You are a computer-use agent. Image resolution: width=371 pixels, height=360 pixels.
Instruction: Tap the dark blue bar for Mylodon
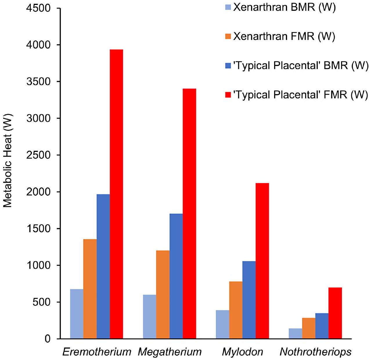[x=249, y=300]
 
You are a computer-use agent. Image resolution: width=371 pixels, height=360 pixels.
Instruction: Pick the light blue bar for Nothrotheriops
[x=295, y=334]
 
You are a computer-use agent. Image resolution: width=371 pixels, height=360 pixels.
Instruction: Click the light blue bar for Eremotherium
[x=77, y=314]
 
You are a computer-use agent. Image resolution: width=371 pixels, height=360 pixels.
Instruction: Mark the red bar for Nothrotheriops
[x=335, y=313]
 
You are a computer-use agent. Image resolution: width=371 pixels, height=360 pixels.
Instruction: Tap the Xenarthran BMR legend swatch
[x=228, y=7]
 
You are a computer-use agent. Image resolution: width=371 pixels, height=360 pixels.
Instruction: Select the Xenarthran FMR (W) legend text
[x=284, y=36]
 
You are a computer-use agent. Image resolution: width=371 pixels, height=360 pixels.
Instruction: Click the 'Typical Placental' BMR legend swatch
[x=228, y=65]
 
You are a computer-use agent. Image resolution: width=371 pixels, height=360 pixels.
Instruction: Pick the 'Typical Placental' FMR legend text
[x=301, y=94]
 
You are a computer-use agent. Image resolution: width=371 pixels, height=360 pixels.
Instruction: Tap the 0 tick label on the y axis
[x=48, y=339]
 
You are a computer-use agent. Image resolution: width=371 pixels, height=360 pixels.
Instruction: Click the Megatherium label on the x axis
[x=170, y=352]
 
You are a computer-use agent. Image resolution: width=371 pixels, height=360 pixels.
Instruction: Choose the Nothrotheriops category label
[x=316, y=352]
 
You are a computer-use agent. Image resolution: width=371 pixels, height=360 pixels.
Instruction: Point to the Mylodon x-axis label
[x=242, y=352]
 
